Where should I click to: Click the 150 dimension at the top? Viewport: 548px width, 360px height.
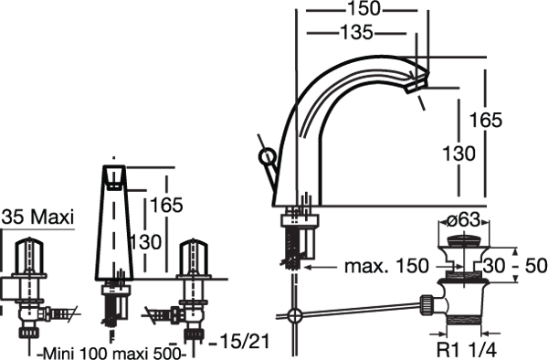click(364, 10)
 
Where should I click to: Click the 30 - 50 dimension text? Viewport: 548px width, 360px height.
click(517, 266)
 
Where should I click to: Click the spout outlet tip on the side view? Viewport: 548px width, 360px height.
click(418, 83)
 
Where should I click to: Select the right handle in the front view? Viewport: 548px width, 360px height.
click(195, 252)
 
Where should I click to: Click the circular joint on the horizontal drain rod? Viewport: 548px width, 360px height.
click(294, 318)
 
